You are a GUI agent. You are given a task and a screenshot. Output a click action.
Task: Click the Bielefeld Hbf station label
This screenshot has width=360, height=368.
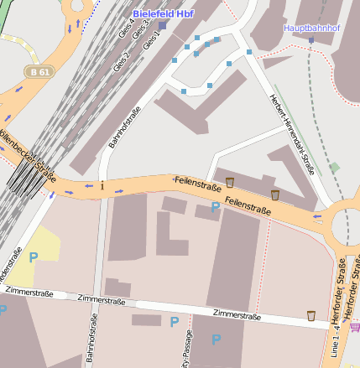tap(163, 14)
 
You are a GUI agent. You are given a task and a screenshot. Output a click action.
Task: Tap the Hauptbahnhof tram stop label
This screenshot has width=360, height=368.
tap(310, 28)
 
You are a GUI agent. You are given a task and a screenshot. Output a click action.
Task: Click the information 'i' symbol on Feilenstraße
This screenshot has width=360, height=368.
tap(102, 185)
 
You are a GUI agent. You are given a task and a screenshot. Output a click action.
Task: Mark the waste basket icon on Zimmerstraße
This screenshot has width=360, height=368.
tap(311, 316)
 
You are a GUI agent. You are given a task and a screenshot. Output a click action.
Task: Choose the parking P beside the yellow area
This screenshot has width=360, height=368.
tap(34, 257)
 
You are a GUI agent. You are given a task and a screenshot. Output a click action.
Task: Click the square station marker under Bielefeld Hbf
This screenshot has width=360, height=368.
tap(163, 25)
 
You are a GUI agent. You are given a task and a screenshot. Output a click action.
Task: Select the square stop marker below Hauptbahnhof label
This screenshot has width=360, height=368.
tap(310, 39)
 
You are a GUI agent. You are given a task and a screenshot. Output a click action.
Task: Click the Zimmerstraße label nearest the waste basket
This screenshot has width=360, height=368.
tap(237, 315)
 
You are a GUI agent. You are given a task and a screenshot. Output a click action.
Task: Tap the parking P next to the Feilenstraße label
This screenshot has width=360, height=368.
tap(215, 206)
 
